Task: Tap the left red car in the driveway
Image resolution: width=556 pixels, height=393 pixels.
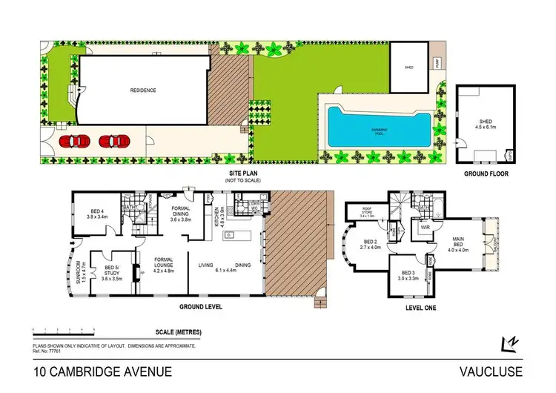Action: [76, 140]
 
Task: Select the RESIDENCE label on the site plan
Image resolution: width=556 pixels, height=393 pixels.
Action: [143, 90]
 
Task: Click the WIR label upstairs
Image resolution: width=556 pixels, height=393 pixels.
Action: [426, 228]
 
